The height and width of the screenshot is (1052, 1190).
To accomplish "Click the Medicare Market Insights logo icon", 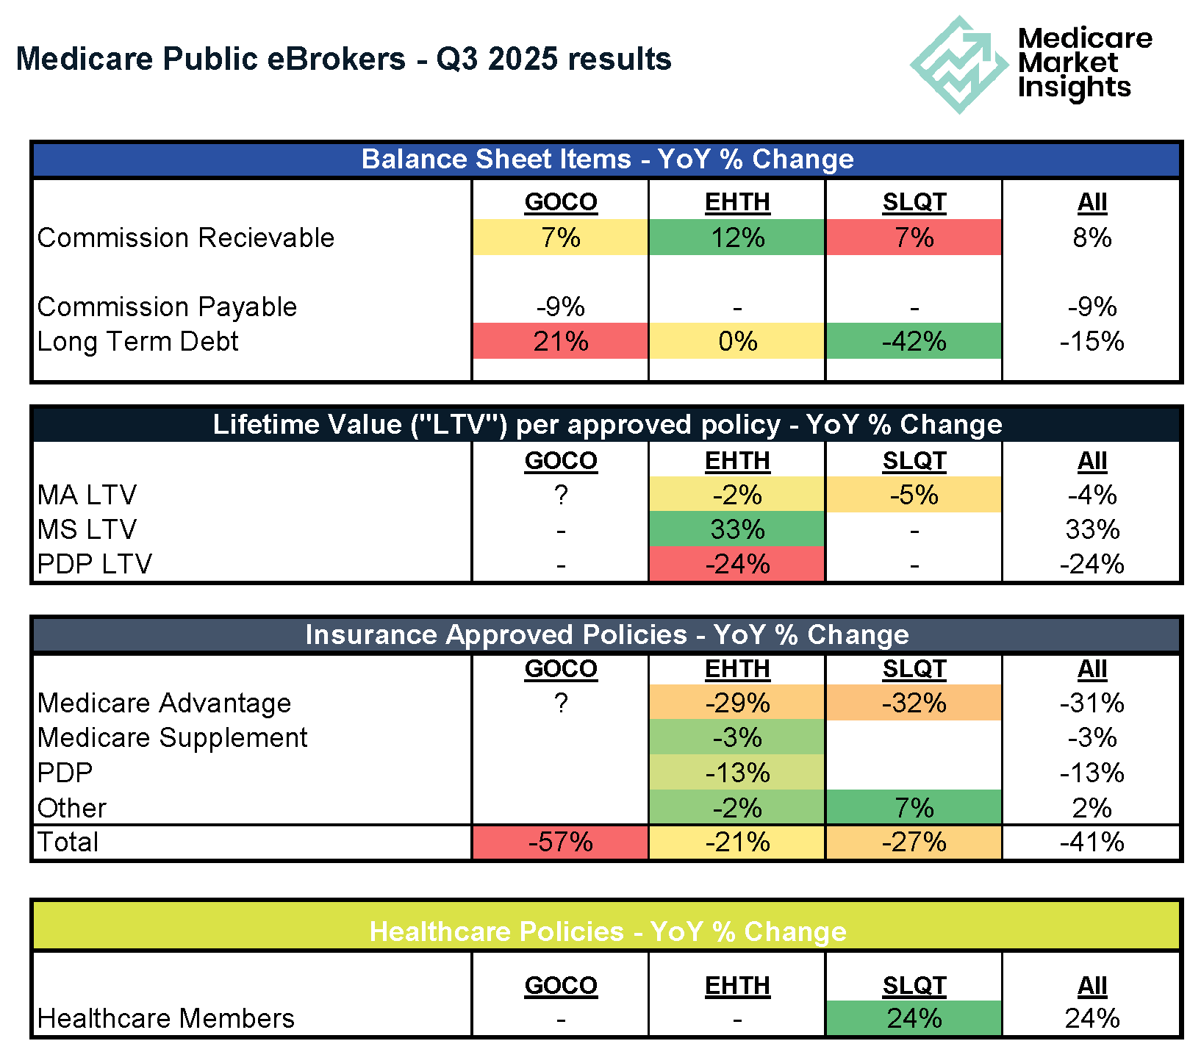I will click(958, 65).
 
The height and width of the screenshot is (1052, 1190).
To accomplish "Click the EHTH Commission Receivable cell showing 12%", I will click(737, 237).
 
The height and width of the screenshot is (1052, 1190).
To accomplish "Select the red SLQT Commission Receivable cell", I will click(914, 237).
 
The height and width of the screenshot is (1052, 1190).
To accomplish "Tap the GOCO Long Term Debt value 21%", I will click(560, 341).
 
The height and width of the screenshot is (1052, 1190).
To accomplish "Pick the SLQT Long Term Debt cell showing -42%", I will click(914, 341).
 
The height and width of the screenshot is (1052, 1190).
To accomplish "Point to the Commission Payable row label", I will click(167, 307).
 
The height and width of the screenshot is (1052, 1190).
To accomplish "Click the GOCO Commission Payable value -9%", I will click(560, 307).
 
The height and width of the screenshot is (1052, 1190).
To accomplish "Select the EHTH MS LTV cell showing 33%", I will click(737, 529).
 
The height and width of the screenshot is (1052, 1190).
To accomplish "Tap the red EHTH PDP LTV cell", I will click(737, 564).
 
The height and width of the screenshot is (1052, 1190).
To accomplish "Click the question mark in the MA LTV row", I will click(561, 495).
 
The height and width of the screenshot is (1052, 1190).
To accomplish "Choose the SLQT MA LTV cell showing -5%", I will click(914, 495).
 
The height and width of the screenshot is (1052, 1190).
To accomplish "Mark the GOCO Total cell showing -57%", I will click(560, 842).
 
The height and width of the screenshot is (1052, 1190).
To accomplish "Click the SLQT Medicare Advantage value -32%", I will click(914, 703).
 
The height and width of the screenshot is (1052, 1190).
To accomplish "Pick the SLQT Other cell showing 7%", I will click(914, 808).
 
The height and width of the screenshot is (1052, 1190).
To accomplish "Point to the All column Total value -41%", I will click(1092, 842).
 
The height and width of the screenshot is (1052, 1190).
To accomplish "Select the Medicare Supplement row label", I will click(172, 737).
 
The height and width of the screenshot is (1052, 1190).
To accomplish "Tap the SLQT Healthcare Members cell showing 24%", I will click(914, 1018).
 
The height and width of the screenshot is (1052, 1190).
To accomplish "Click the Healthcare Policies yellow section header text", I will click(607, 931).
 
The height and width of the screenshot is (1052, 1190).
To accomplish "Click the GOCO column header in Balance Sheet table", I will click(561, 201).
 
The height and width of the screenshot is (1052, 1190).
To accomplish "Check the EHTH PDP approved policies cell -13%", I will click(737, 773).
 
